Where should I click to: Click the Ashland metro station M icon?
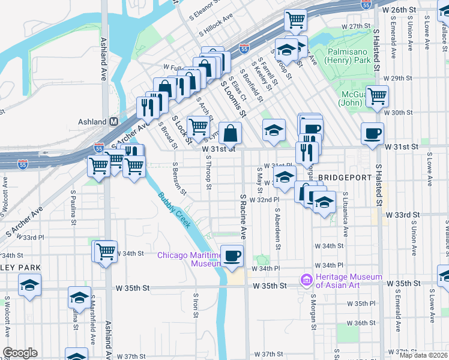(x=113, y=121)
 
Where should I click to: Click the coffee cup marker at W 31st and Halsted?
(x=372, y=133)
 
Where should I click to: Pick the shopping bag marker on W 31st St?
(x=230, y=133)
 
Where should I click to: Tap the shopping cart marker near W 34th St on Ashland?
(x=106, y=250)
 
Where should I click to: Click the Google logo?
(x=20, y=353)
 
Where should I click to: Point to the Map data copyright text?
(x=424, y=355)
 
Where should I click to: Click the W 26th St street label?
(x=400, y=10)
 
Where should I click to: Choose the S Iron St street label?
(x=196, y=305)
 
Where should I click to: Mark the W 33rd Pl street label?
(x=30, y=237)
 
